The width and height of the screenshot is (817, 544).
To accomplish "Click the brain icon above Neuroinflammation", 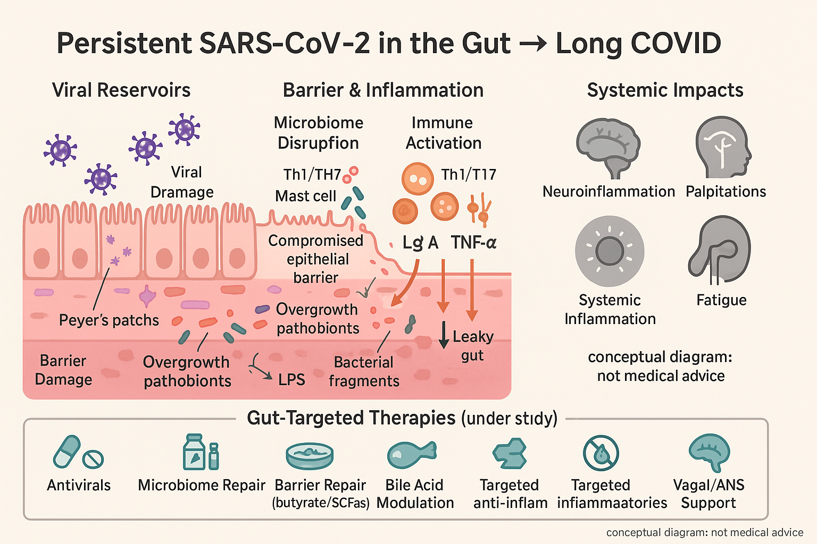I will coord(608,147).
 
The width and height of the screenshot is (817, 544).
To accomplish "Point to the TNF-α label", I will coord(473,243).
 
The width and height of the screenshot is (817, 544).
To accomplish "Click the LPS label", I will coord(291,379).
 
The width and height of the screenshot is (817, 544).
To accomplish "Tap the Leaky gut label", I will coord(472,346).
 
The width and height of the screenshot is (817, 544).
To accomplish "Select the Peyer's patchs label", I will coord(109,320).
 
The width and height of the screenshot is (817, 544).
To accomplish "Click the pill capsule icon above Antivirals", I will coord(67,451).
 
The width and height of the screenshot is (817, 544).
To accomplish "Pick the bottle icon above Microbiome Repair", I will coord(194,452).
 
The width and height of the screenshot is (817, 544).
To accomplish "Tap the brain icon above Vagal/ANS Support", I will coord(709,452).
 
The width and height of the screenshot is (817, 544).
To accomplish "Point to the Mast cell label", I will coord(306,196).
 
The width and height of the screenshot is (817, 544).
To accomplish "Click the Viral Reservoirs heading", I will coord(121,90).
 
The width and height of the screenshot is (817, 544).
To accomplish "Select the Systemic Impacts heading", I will coord(665,90).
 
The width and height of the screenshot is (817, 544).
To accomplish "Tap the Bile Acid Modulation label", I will coord(415,494).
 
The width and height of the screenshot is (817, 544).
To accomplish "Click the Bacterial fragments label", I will coord(364,371).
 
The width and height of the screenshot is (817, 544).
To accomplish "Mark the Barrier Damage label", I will coord(63,370).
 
